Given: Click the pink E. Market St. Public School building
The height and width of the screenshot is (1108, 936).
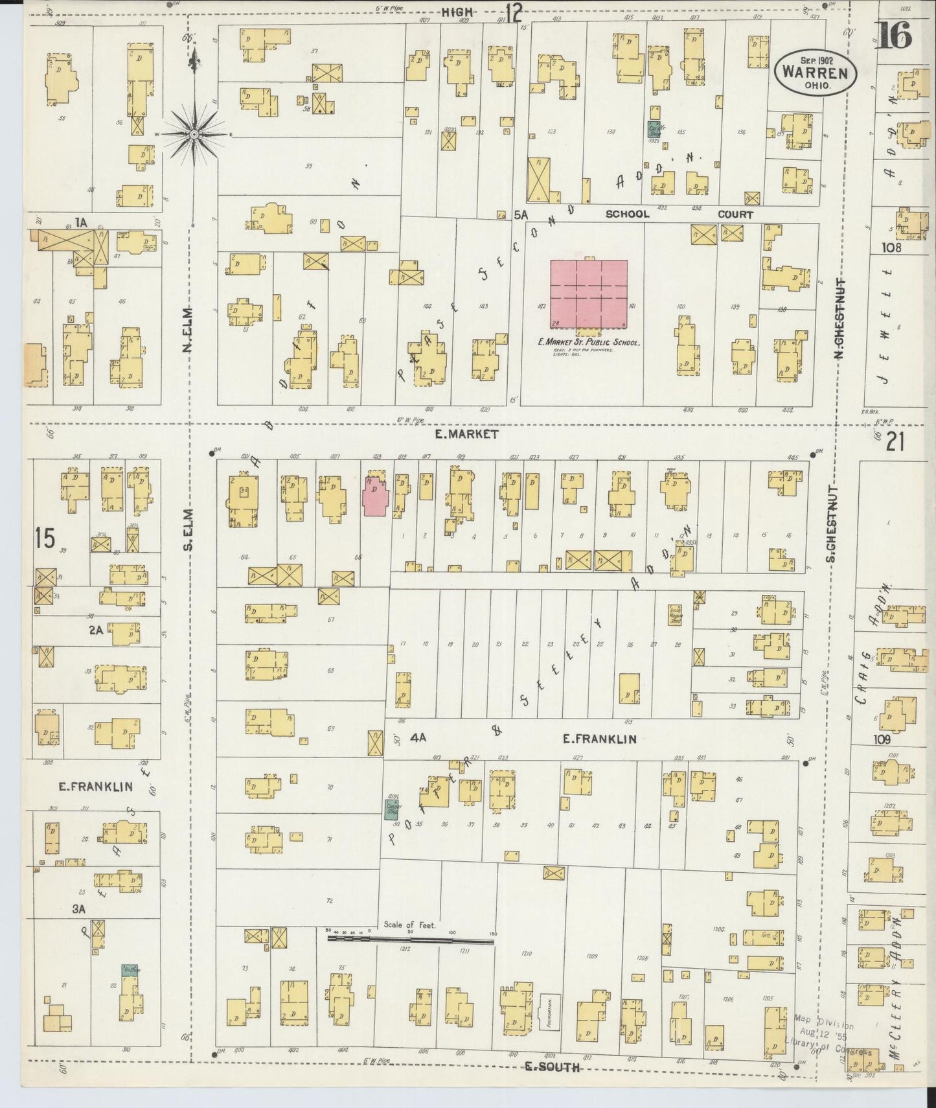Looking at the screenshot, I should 589,295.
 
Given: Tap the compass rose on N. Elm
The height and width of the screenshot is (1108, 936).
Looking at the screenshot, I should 194,133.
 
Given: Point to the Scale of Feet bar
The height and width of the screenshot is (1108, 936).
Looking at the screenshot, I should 411,937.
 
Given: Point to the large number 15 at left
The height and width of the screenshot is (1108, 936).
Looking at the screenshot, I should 45,538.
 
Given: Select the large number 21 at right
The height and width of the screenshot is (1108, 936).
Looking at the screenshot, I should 895,442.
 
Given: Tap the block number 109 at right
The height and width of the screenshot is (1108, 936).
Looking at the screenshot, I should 882,739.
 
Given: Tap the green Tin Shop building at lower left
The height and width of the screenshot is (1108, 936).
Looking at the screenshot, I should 130,970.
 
